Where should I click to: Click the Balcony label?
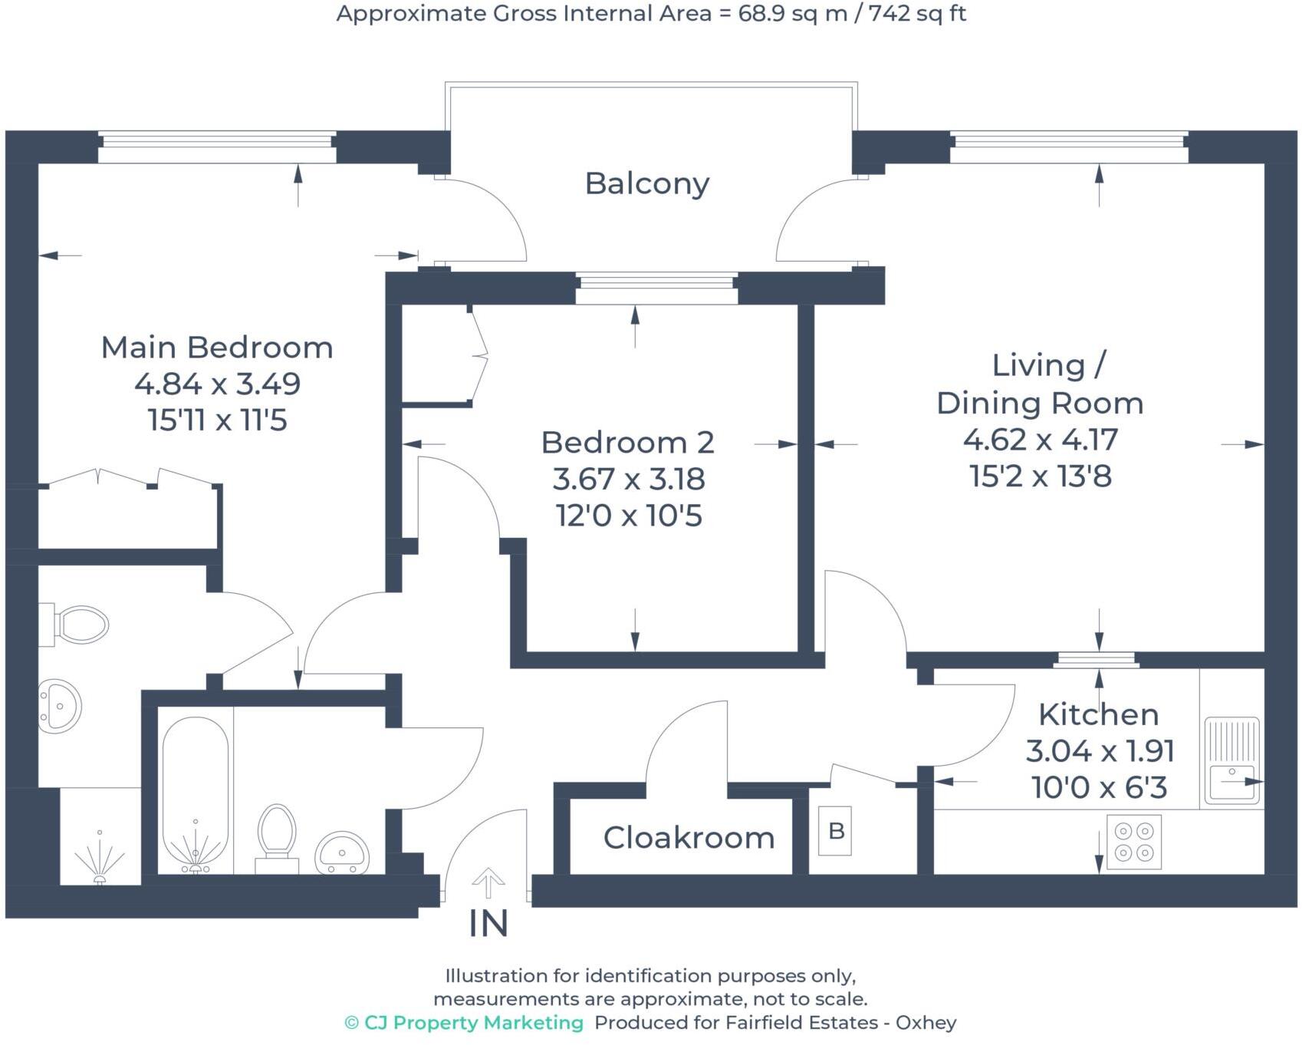pyautogui.click(x=646, y=183)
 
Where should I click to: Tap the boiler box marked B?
pyautogui.click(x=836, y=831)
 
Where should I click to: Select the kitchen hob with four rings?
pyautogui.click(x=1134, y=842)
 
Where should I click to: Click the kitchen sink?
pyautogui.click(x=1231, y=760)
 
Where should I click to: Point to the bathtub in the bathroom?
pyautogui.click(x=196, y=795)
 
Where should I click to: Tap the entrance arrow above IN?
pyautogui.click(x=488, y=883)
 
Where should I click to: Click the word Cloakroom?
pyautogui.click(x=689, y=838)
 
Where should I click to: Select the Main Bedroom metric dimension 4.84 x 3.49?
pyautogui.click(x=217, y=384)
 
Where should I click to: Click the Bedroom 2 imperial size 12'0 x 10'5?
pyautogui.click(x=628, y=516)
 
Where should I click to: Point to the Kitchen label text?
pyautogui.click(x=1098, y=714)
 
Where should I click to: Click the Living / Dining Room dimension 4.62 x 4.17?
pyautogui.click(x=1040, y=440)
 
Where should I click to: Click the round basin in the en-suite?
pyautogui.click(x=60, y=705)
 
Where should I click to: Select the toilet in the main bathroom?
pyautogui.click(x=277, y=836)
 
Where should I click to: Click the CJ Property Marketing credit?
pyautogui.click(x=464, y=1023)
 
